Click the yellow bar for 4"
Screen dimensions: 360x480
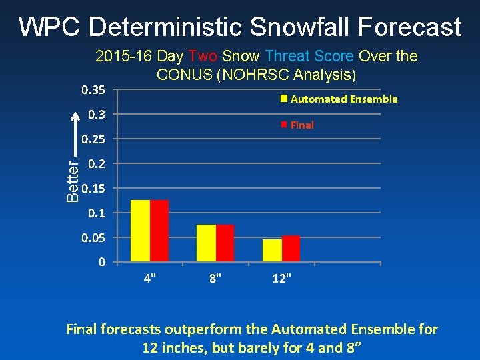point(141,231)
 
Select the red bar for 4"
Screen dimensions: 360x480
point(159,231)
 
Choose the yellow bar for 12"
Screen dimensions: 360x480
point(273,250)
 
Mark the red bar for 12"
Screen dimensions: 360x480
point(291,248)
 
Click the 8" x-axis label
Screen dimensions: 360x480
point(216,278)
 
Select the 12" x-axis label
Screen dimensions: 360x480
point(281,278)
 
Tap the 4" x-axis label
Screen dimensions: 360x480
point(150,278)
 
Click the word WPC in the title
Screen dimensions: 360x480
point(50,27)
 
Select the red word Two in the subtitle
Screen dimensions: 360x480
point(203,56)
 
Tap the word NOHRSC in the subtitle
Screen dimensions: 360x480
point(249,73)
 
